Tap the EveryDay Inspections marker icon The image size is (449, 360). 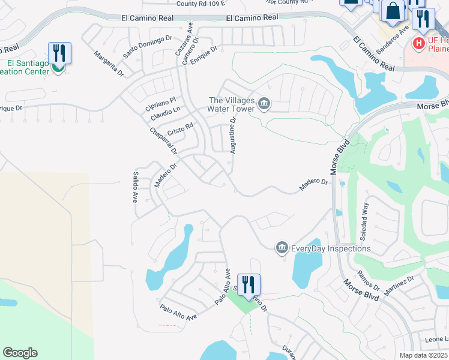point(281,248)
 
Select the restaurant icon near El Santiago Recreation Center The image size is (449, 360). point(59,53)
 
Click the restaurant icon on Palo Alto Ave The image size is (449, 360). point(249,284)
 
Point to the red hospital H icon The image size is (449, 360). point(418,43)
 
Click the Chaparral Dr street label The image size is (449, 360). point(163,143)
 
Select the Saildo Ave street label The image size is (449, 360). point(135,187)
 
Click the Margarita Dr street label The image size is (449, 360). point(109,64)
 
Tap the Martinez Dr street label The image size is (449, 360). point(400,287)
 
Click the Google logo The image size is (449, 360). point(20,353)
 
